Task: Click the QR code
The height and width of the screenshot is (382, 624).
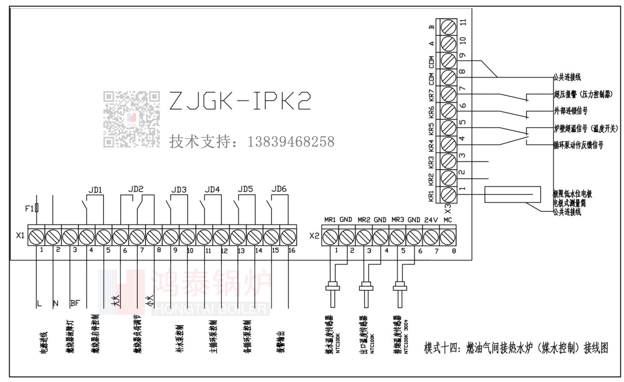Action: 131,119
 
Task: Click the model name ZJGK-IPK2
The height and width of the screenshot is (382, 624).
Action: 240,101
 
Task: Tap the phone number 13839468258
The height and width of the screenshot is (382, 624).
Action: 291,142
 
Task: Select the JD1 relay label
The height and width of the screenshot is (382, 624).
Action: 95,190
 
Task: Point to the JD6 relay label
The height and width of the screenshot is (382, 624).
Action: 279,189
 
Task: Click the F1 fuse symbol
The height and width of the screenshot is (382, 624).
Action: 37,208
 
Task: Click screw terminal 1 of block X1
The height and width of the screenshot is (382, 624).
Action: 36,237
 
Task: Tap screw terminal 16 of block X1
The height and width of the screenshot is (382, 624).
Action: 288,237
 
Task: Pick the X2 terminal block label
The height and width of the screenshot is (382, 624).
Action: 314,236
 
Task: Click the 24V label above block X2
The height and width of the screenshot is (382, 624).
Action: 431,220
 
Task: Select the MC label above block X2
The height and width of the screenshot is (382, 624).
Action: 448,220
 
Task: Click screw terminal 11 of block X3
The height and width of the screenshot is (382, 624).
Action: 448,28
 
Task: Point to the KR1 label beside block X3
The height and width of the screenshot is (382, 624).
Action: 431,196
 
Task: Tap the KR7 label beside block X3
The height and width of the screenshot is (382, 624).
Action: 431,95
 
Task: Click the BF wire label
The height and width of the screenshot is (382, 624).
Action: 75,303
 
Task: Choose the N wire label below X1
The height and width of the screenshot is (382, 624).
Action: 55,303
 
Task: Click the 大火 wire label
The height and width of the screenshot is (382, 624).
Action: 115,301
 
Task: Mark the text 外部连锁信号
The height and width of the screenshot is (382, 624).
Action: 570,111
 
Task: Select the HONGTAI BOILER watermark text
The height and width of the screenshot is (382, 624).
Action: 210,309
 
